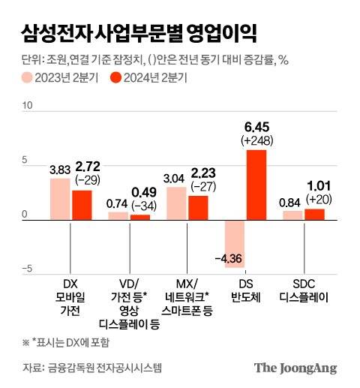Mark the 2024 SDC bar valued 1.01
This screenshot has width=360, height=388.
(314, 214)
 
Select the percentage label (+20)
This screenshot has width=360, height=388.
(314, 199)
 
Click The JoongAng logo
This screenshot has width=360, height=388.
(295, 368)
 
